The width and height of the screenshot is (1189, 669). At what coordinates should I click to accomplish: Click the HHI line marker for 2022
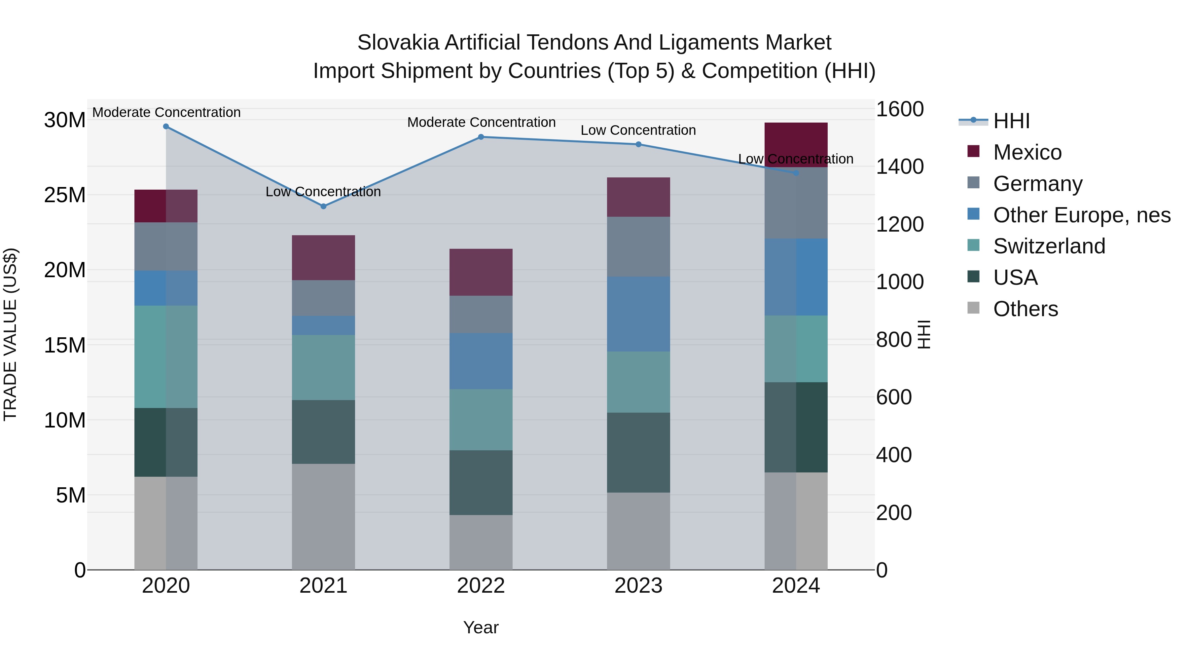[481, 137]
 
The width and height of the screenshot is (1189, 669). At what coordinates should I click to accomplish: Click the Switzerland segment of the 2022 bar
[481, 419]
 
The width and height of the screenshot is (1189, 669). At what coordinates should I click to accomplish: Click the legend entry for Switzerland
[1049, 246]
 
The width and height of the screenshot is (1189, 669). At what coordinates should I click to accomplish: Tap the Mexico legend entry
[1027, 152]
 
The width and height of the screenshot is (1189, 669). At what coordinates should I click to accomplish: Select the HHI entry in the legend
[1011, 121]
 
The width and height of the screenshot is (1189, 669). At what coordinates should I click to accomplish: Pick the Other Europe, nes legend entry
[1081, 215]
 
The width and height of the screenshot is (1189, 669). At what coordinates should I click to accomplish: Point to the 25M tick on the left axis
[65, 195]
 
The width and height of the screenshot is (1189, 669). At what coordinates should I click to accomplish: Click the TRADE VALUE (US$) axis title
[10, 334]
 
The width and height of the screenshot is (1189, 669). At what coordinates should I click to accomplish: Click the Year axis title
[481, 627]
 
